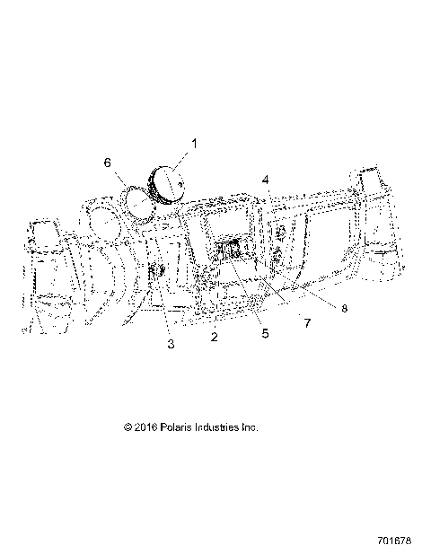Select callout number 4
pos(266,180)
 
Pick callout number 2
pos(214,337)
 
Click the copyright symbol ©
pos(128,428)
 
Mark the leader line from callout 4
pos(268,202)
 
